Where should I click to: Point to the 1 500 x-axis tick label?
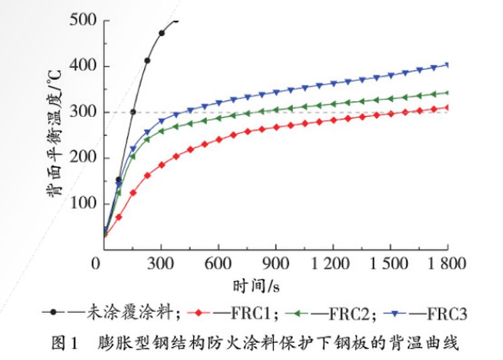click(389, 263)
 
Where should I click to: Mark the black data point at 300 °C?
click(133, 112)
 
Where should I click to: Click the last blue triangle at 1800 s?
click(448, 64)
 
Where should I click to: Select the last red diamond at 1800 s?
click(448, 107)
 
